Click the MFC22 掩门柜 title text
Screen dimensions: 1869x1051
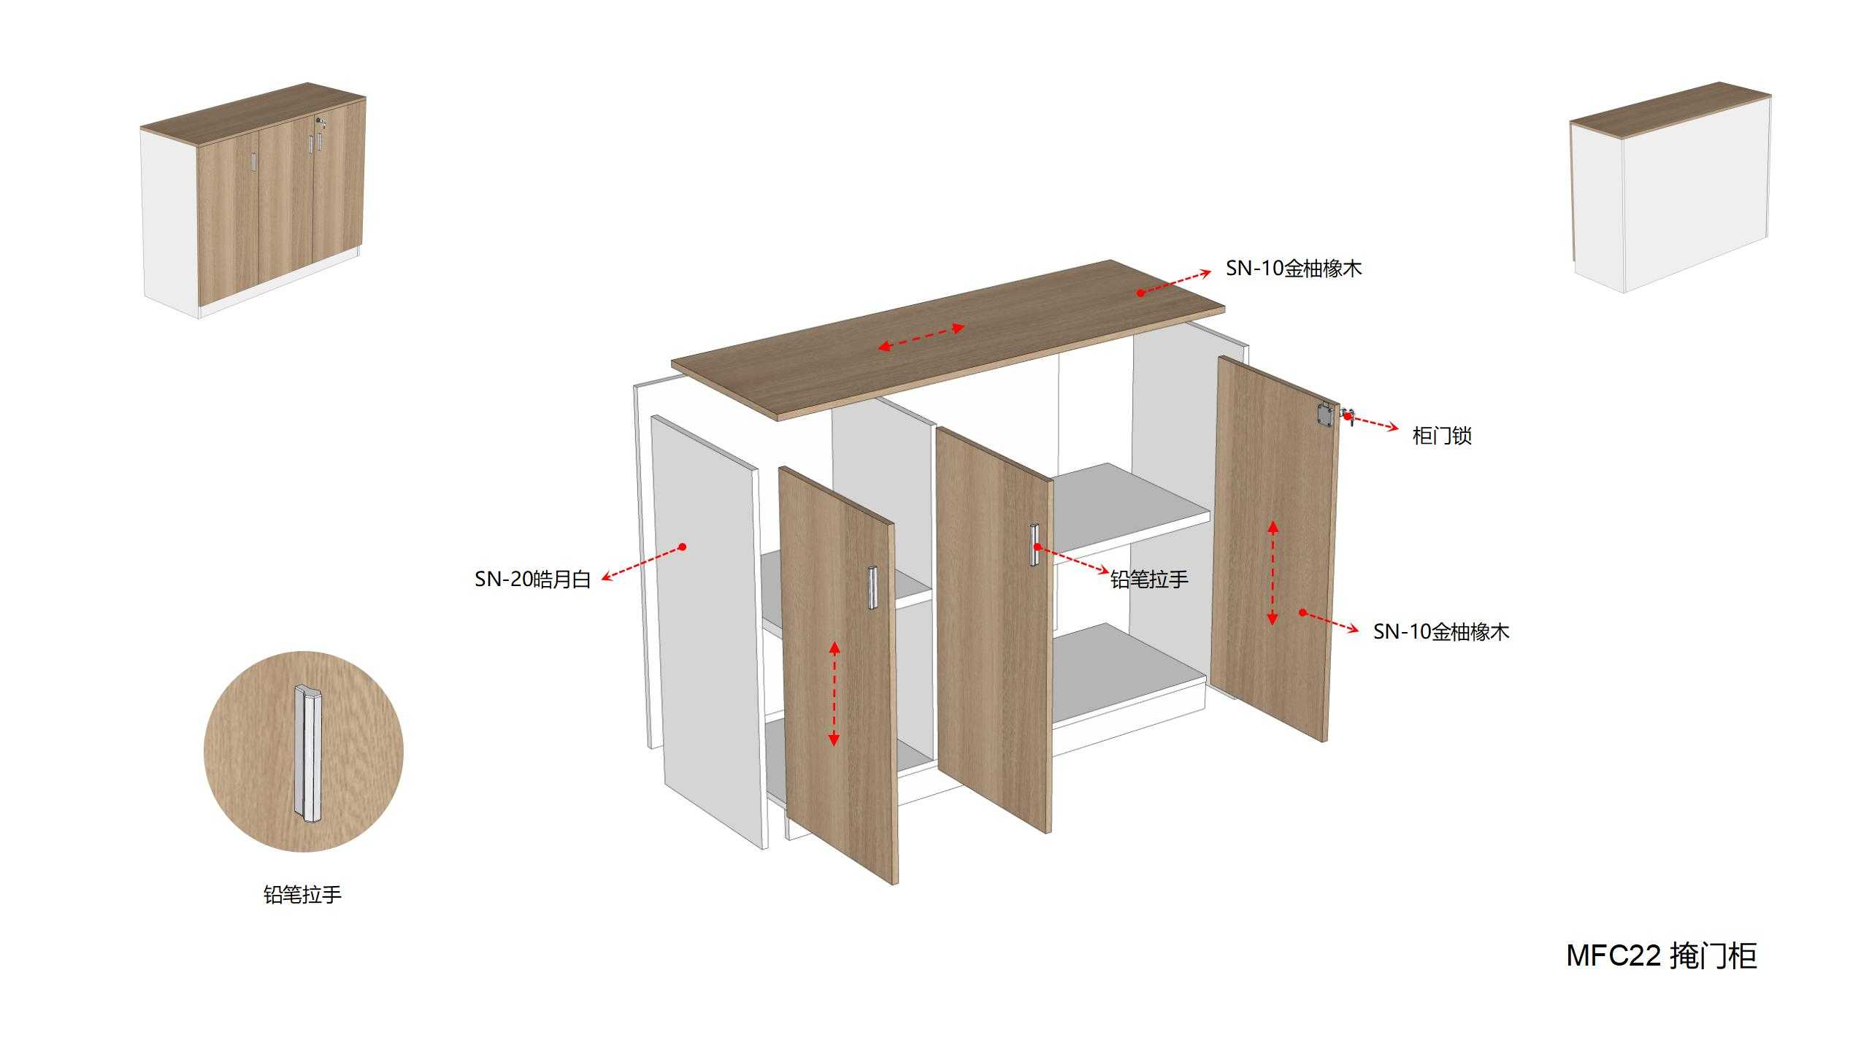[x=1662, y=956]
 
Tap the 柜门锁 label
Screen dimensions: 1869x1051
[x=1442, y=436]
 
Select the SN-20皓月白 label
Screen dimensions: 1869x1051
[x=533, y=580]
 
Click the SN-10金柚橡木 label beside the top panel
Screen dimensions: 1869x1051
[x=1294, y=269]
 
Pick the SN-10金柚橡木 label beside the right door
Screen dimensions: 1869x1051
[x=1441, y=631]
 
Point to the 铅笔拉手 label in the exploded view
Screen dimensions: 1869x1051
[x=1149, y=580]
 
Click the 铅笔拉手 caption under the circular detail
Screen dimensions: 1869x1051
[x=302, y=895]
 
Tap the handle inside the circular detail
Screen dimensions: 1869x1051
[x=307, y=753]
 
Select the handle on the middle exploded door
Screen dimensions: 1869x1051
[x=1034, y=544]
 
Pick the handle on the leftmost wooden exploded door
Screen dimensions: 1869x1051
[x=871, y=587]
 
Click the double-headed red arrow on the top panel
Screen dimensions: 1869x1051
[x=921, y=338]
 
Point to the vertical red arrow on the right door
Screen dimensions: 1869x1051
[x=1273, y=573]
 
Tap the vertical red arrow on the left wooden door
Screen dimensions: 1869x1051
[x=834, y=693]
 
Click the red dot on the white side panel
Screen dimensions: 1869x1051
[x=683, y=547]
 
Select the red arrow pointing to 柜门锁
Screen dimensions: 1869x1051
[x=1373, y=422]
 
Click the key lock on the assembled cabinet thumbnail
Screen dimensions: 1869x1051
[x=320, y=122]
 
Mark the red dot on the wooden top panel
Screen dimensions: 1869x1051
[x=1140, y=293]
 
